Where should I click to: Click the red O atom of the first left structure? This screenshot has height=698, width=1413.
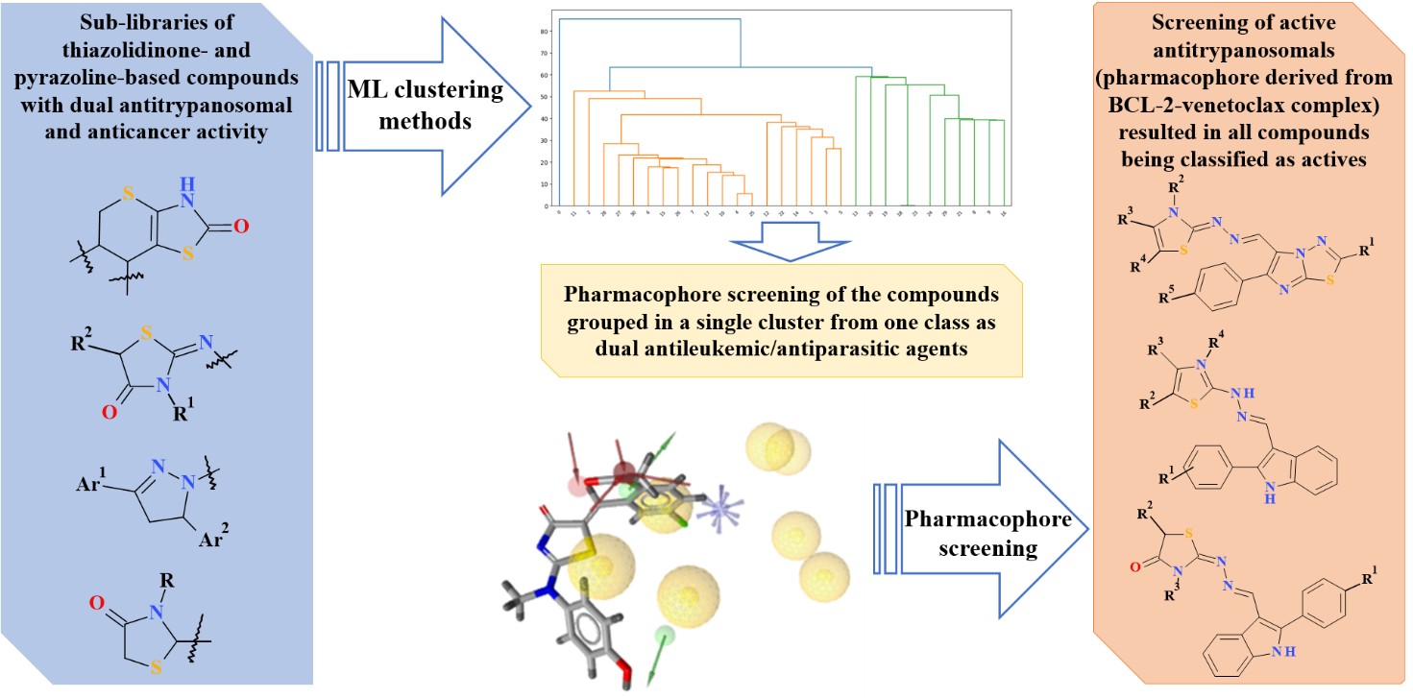(241, 228)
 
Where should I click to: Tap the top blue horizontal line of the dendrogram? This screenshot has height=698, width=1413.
(651, 18)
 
